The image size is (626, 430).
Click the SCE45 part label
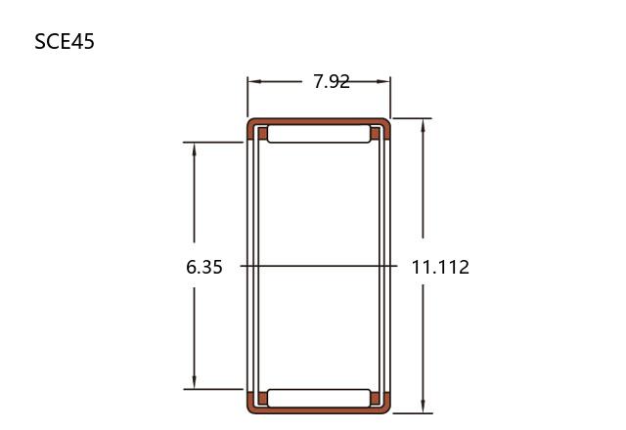tap(65, 41)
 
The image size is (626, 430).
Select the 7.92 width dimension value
tap(332, 82)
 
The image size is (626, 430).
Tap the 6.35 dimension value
tap(204, 267)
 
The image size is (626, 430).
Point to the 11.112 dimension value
tap(440, 267)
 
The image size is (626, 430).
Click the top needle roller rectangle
tap(319, 134)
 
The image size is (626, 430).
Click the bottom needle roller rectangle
tap(319, 398)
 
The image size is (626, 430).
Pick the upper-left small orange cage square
tap(263, 133)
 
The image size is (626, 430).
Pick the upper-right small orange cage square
tap(376, 133)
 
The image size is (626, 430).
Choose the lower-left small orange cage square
tap(263, 398)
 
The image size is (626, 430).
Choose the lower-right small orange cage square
tap(376, 398)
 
